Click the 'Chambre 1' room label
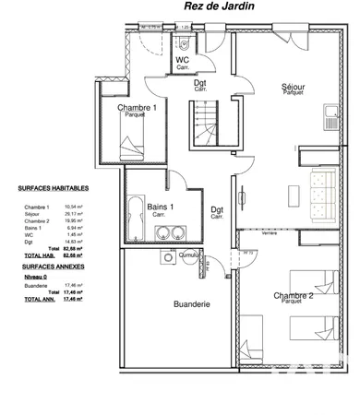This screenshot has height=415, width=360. click(137, 109)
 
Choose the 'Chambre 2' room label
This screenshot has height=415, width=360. click(293, 297)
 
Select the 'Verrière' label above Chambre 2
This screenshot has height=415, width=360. click(270, 234)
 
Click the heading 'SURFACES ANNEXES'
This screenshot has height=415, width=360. click(48, 264)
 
